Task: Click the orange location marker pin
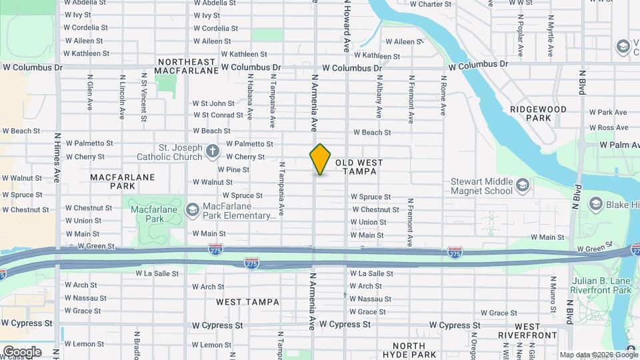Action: (320, 159)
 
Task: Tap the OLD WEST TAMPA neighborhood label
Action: (355, 167)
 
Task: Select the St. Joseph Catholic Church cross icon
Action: (212, 151)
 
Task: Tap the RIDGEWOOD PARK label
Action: (538, 113)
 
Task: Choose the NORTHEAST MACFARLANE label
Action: (187, 65)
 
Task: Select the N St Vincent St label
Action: (143, 102)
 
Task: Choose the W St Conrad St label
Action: (213, 115)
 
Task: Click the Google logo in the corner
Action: (22, 351)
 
